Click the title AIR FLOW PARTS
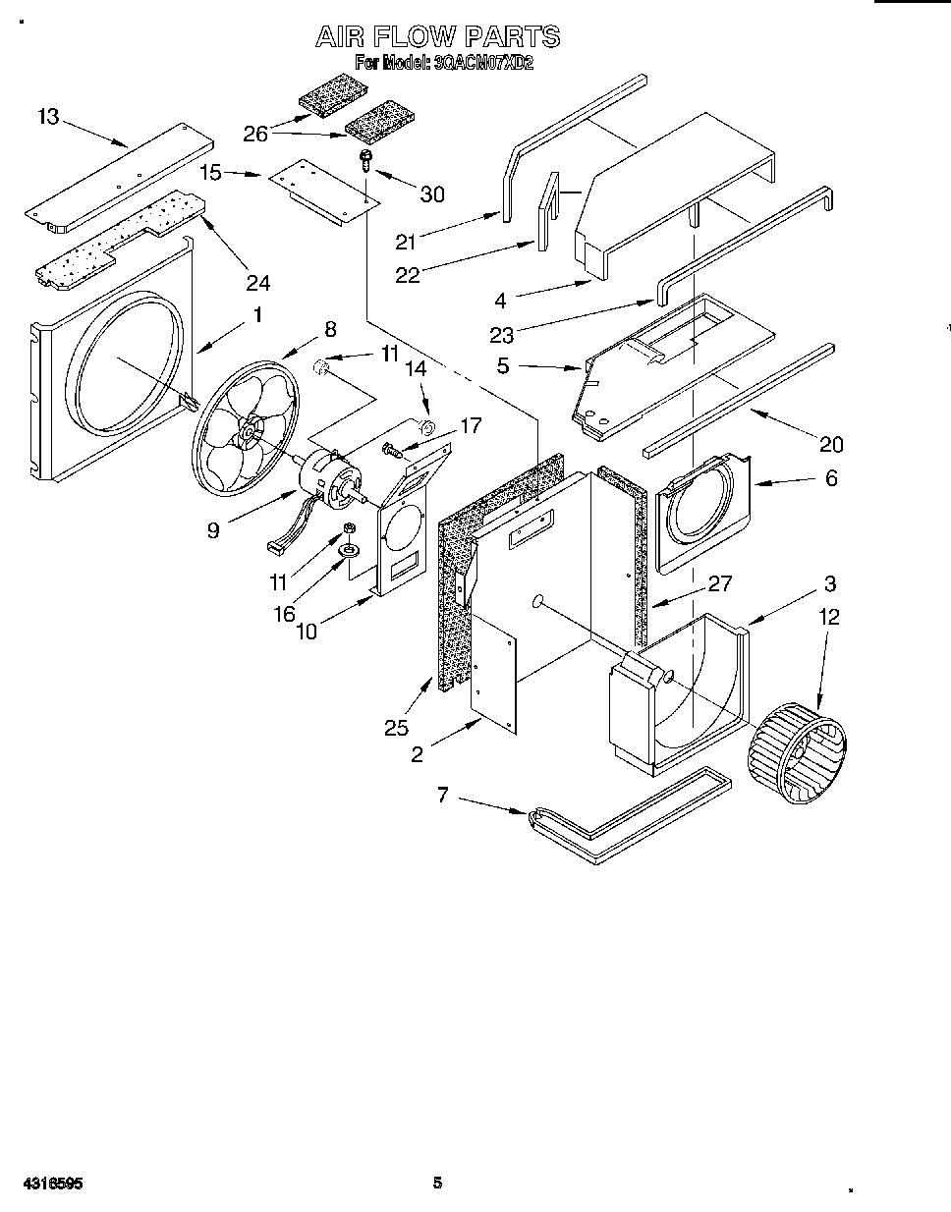pos(437,37)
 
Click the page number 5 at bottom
pos(438,1183)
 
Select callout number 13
pos(48,117)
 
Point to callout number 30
pos(432,194)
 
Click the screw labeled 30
pos(365,159)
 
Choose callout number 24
pos(257,283)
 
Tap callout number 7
pos(442,795)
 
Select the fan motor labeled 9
pos(330,479)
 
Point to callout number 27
pos(720,583)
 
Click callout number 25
pos(396,728)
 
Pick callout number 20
pos(831,445)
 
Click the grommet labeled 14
pos(425,427)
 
